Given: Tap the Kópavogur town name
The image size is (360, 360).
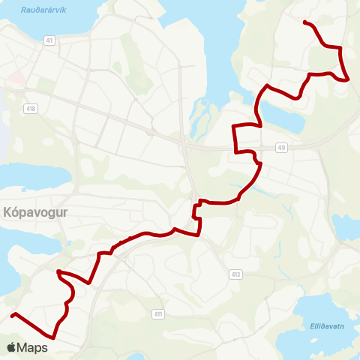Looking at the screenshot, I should tap(35, 212).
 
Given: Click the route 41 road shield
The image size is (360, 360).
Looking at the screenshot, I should tap(49, 40).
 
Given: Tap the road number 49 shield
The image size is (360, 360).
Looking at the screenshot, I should tap(280, 147).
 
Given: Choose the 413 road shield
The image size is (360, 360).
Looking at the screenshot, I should tap(236, 275).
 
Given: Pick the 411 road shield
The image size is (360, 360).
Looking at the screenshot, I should tap(157, 313).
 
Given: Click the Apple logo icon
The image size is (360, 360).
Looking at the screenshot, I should tap(11, 347).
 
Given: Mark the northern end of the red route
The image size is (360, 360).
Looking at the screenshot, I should tap(304, 22).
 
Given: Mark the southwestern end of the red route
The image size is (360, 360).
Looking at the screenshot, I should tap(12, 315).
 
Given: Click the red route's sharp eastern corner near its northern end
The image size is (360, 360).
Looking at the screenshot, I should tap(347, 79).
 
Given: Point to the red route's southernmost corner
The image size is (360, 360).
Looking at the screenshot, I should tap(54, 337).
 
